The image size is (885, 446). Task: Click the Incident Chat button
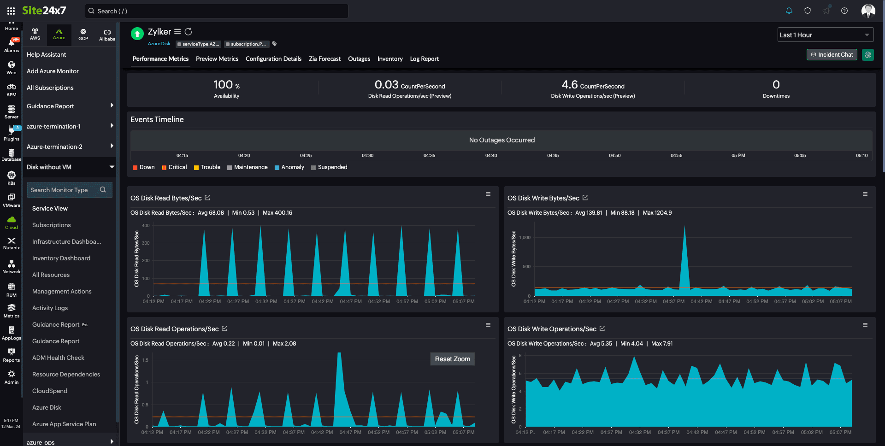click(832, 55)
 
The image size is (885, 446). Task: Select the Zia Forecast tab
click(324, 59)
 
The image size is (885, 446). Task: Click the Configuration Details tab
click(273, 59)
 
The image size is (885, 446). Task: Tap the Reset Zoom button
click(452, 359)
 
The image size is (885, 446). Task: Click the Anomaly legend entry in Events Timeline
click(289, 167)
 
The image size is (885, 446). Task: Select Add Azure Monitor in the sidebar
click(53, 71)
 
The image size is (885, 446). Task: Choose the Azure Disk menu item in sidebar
click(47, 407)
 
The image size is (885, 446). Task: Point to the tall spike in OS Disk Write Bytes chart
click(684, 230)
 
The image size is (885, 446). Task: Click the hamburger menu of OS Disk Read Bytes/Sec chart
click(488, 194)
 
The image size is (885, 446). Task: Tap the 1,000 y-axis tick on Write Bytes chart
click(525, 238)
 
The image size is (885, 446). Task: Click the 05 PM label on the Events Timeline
click(738, 156)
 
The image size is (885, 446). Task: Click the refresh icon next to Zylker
click(189, 32)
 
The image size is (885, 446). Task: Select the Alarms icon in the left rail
click(12, 45)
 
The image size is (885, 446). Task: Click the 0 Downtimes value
click(776, 85)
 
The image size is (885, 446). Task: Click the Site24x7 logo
click(44, 11)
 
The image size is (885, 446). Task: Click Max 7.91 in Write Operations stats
click(662, 344)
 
